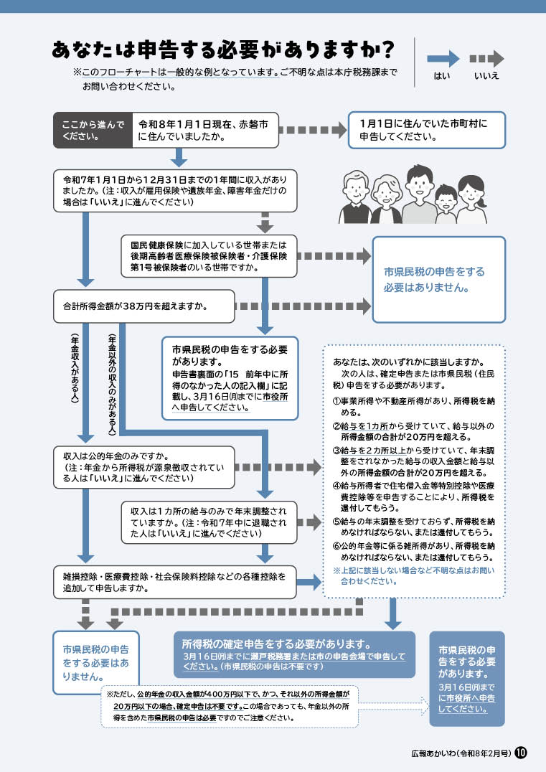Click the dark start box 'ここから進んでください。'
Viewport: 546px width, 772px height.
(93, 130)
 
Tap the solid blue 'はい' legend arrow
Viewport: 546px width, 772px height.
(443, 59)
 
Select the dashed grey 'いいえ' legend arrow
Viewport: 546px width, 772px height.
(486, 59)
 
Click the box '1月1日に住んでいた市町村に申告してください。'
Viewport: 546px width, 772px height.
(426, 130)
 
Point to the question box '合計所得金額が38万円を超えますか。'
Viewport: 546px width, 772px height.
(144, 307)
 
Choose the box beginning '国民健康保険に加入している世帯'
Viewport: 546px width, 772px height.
(208, 255)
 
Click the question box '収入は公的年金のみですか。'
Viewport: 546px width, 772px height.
(144, 466)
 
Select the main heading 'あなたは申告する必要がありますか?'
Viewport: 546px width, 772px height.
(222, 50)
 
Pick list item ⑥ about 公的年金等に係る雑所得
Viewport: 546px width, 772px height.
(415, 551)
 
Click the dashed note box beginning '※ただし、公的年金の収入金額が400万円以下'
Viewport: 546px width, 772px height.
(230, 706)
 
